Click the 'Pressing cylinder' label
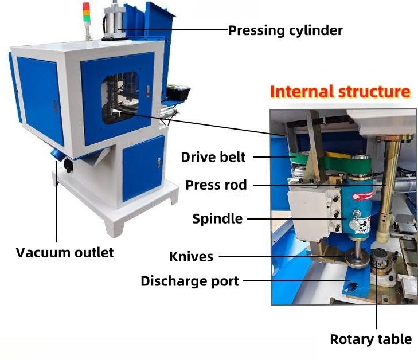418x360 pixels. tap(285, 30)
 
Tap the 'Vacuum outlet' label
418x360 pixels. tap(65, 252)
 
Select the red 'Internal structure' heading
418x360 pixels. tap(340, 92)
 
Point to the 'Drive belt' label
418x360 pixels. tap(213, 157)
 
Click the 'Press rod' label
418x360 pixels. tap(216, 185)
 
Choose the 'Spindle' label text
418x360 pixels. tap(217, 219)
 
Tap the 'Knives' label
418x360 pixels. tap(191, 257)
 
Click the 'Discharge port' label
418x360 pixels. tap(190, 281)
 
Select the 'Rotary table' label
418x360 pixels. tap(371, 339)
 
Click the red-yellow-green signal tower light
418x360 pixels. tap(87, 14)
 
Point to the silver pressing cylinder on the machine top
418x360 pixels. tap(114, 23)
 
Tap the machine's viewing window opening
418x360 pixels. tap(120, 97)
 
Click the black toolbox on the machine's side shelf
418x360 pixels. tap(178, 92)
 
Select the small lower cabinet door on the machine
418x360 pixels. tap(143, 169)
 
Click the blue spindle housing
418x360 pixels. tap(357, 208)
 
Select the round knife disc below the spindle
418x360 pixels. tap(357, 261)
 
